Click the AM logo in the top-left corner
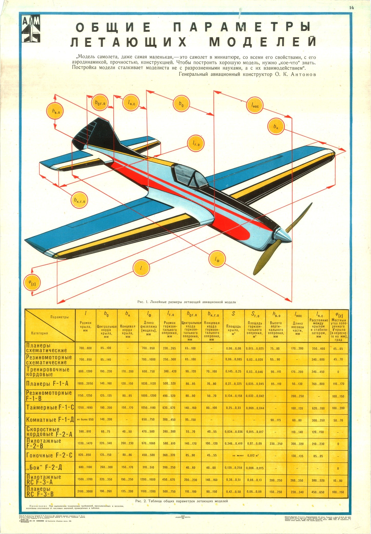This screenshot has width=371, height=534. (30, 29)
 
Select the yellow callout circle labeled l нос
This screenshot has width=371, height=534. (255, 105)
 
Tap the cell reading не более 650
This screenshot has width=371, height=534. (86, 420)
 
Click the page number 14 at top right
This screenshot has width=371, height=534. (351, 8)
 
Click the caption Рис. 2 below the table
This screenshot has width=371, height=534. (181, 501)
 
